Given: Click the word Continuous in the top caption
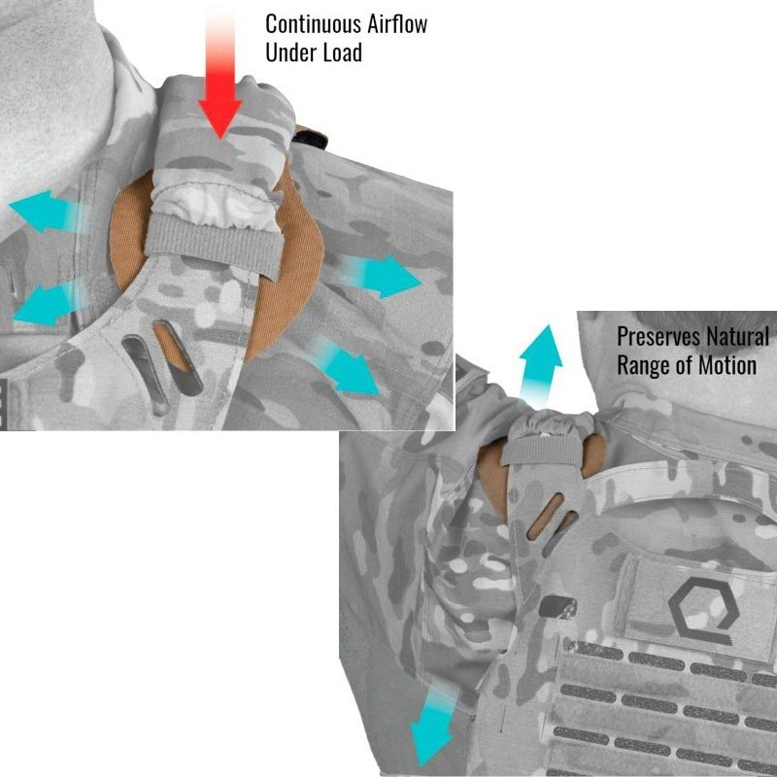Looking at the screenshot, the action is [x=314, y=24].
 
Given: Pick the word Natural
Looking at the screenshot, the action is [x=737, y=337].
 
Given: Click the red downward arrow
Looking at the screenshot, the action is [x=220, y=75].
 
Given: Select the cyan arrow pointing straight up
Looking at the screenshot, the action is [x=540, y=361].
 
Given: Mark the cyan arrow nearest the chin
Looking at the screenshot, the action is [x=47, y=212].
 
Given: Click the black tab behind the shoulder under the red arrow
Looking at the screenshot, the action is [x=311, y=137].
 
